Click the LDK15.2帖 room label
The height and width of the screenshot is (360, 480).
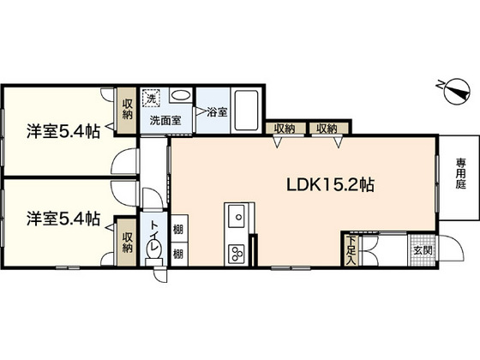(x=330, y=184)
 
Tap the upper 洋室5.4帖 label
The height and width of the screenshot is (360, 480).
(x=63, y=131)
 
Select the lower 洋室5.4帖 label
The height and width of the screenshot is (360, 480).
(x=63, y=219)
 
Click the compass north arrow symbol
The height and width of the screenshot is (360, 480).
(x=457, y=91)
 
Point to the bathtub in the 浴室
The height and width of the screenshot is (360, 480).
(x=246, y=111)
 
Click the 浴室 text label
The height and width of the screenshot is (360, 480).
(x=217, y=112)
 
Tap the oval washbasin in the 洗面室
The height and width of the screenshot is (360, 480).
(x=181, y=95)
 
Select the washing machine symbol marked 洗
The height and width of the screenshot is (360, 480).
(x=151, y=98)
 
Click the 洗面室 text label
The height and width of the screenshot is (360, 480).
(x=165, y=120)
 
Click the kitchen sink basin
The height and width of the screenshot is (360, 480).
(x=237, y=216)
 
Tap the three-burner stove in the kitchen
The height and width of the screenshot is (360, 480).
(x=237, y=254)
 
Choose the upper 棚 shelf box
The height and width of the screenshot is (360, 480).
(x=179, y=228)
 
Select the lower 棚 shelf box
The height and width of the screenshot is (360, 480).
(x=179, y=254)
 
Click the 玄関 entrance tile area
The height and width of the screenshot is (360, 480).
(x=423, y=250)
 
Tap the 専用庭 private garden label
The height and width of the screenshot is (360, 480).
(x=460, y=173)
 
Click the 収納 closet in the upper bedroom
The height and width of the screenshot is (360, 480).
(x=128, y=111)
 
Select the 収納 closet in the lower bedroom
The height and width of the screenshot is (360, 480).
(x=128, y=242)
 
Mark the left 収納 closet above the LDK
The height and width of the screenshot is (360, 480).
(x=285, y=129)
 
